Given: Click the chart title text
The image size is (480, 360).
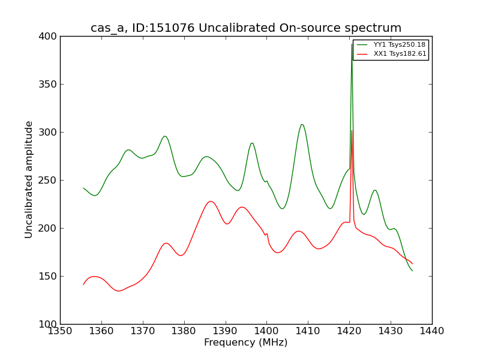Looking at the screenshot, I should click(x=246, y=28).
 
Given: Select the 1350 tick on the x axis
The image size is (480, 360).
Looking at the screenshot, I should click(x=60, y=331).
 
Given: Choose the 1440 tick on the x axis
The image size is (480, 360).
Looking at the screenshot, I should click(x=431, y=331).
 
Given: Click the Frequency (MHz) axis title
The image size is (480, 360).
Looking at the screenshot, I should click(x=245, y=343).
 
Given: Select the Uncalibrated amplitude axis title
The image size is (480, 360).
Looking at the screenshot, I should click(x=29, y=179).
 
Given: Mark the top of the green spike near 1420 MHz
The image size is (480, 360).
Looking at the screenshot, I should click(x=352, y=44).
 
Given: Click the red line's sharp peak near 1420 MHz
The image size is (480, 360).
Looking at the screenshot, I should click(x=352, y=130).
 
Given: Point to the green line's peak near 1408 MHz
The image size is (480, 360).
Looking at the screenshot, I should click(x=302, y=124).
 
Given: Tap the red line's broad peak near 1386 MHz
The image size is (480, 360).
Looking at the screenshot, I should click(x=211, y=201).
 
